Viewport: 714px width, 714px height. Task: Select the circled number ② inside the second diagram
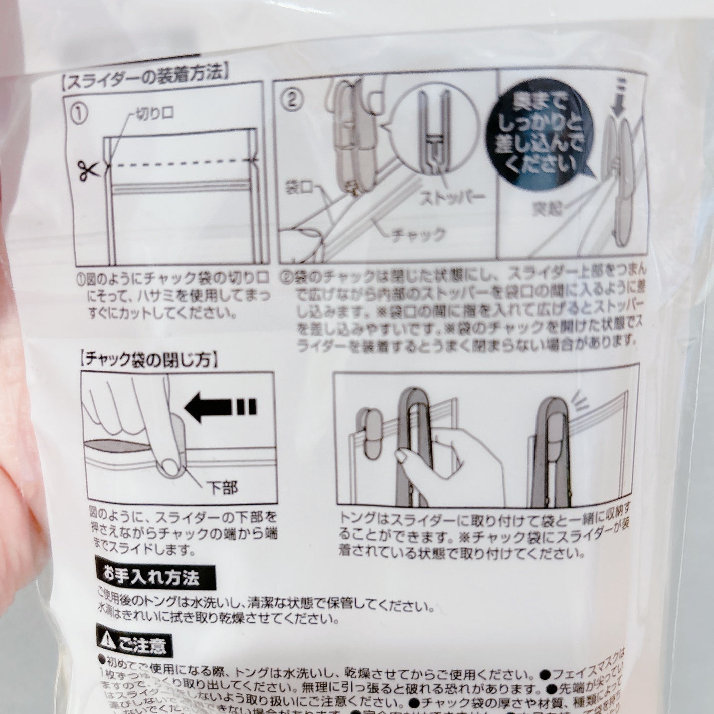291,99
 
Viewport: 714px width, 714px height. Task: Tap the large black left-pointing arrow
221,407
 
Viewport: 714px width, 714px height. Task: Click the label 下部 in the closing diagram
223,487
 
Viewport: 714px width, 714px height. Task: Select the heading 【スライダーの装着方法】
145,77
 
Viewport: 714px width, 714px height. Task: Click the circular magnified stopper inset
433,130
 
